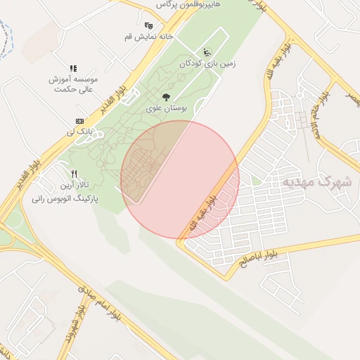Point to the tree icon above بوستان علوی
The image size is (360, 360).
point(166,97)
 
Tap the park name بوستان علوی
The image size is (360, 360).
point(166,109)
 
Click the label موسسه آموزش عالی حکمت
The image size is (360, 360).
point(73,84)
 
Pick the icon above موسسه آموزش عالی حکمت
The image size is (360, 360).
point(73,67)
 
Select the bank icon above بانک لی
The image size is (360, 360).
point(79,120)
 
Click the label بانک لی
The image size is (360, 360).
point(79,131)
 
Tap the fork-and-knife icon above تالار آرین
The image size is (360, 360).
point(73,174)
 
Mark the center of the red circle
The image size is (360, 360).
point(180,180)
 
